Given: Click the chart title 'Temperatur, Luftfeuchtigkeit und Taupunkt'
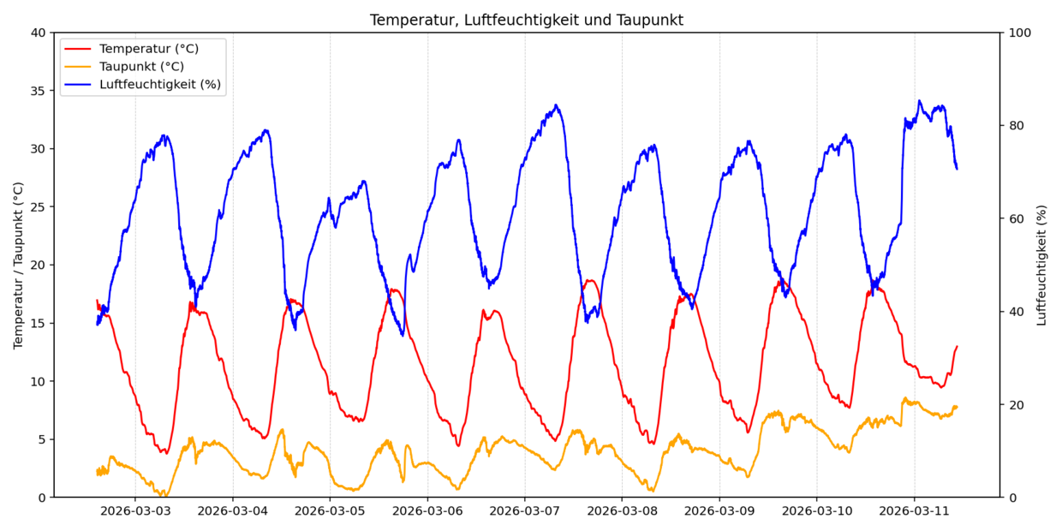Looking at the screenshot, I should pyautogui.click(x=526, y=20).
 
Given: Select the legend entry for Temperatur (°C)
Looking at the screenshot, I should pyautogui.click(x=149, y=49).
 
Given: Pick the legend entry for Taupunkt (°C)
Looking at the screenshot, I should pyautogui.click(x=141, y=67).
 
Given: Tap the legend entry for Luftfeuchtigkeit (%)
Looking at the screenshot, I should pyautogui.click(x=159, y=84).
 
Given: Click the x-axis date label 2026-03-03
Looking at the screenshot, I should pyautogui.click(x=134, y=511).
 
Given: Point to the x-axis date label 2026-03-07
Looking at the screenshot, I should pyautogui.click(x=524, y=511).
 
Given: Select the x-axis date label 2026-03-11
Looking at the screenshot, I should pyautogui.click(x=914, y=511).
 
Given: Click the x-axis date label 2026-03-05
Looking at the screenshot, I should pyautogui.click(x=330, y=511).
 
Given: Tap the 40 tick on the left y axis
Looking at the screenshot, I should pyautogui.click(x=39, y=33).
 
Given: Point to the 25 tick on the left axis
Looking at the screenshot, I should pyautogui.click(x=39, y=207).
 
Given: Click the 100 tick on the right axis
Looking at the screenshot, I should pyautogui.click(x=1020, y=33).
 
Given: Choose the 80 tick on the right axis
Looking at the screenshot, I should pyautogui.click(x=1017, y=126).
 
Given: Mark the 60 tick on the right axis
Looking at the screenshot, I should pyautogui.click(x=1017, y=218).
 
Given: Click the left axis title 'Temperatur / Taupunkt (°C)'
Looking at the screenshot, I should pyautogui.click(x=18, y=265).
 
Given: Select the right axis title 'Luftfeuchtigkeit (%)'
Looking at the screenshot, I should pyautogui.click(x=1042, y=265).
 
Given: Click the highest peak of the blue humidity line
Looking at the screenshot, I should pyautogui.click(x=920, y=101).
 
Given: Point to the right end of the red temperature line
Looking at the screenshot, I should pyautogui.click(x=957, y=346).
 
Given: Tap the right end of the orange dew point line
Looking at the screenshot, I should pyautogui.click(x=957, y=407).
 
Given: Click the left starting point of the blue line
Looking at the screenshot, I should pyautogui.click(x=97, y=324).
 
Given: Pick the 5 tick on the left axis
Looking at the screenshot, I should pyautogui.click(x=42, y=439).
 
